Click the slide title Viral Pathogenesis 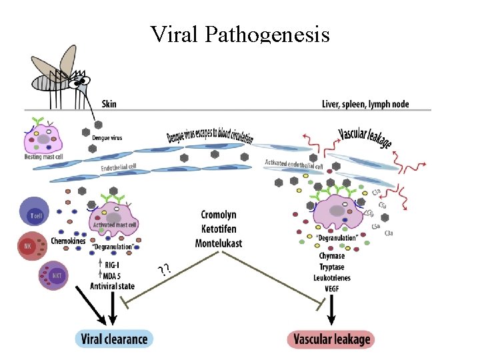point(240,33)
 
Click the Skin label point(109,104)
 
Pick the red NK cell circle point(29,246)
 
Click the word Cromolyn point(218,215)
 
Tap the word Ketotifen point(218,229)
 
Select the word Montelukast point(218,243)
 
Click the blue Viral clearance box point(113,339)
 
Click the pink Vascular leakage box point(331,339)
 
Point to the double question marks point(163,270)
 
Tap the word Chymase point(331,256)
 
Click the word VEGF point(331,288)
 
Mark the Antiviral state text point(112,286)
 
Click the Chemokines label point(68,241)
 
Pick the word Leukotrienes point(331,277)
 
